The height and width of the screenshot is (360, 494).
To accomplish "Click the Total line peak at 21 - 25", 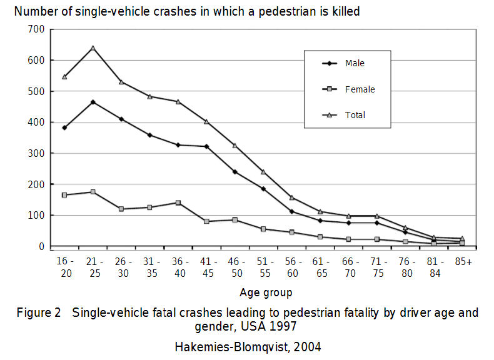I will click(x=93, y=48).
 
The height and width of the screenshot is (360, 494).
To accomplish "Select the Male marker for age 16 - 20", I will click(x=64, y=127).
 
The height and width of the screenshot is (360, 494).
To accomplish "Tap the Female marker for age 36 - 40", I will click(x=178, y=202).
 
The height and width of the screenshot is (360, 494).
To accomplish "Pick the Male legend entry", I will click(x=355, y=63).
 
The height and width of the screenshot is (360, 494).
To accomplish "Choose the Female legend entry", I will click(x=360, y=89).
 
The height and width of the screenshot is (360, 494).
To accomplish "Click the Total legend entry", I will click(x=355, y=115).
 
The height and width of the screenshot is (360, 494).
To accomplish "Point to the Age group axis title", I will click(x=265, y=292).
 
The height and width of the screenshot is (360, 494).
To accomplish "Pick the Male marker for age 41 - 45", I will click(x=206, y=146).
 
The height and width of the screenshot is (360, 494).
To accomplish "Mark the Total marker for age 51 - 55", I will click(x=263, y=172).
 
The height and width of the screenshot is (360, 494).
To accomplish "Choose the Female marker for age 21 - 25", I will click(x=93, y=192).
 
